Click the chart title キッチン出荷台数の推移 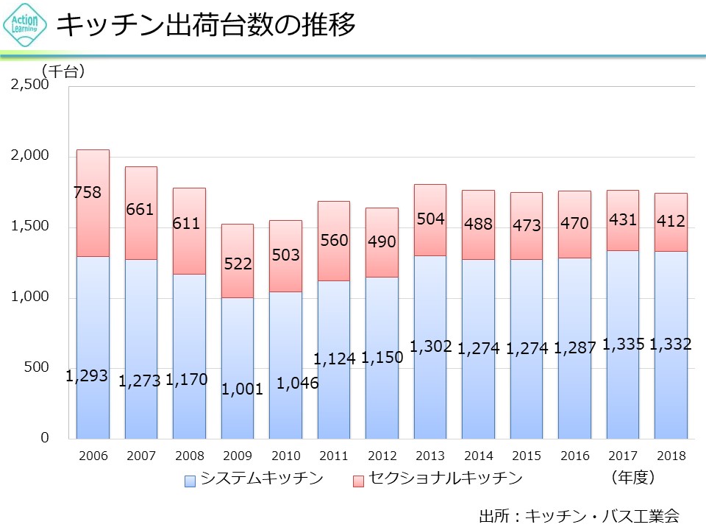tap(206, 25)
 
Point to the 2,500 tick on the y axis tap(29, 85)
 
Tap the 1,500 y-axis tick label tap(29, 227)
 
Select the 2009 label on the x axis tap(237, 456)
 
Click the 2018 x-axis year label tap(671, 456)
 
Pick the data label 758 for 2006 tap(88, 193)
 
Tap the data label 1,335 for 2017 tap(623, 344)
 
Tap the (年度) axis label tap(632, 477)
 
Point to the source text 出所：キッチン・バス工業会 tap(578, 515)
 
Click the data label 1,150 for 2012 tap(382, 358)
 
